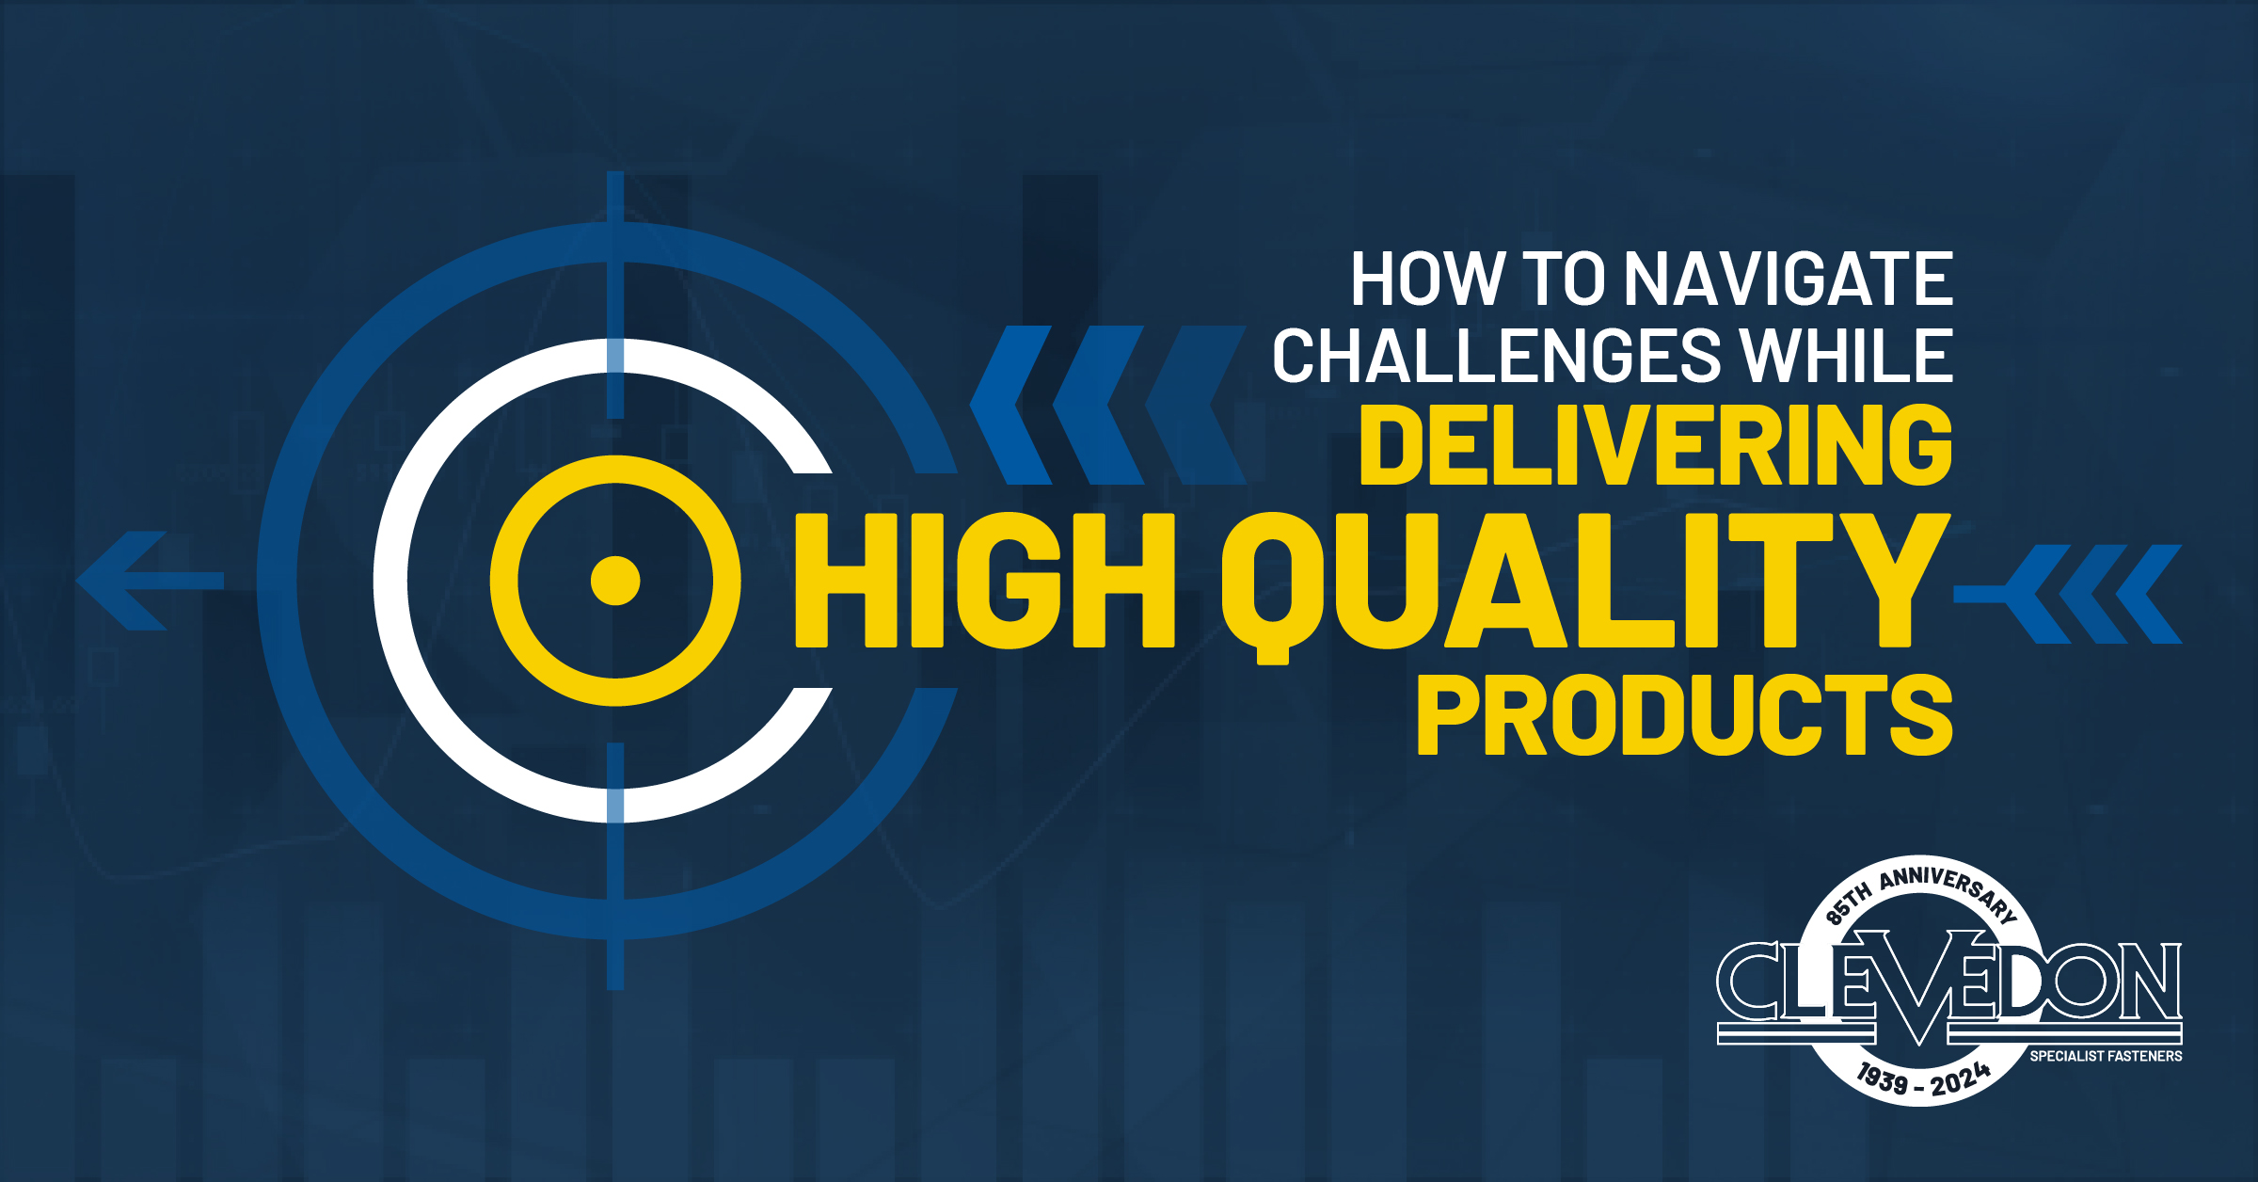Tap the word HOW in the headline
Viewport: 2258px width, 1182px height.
[x=1428, y=279]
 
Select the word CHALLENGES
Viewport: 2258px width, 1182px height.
[x=1497, y=356]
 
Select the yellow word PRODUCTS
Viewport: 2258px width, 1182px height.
[x=1685, y=714]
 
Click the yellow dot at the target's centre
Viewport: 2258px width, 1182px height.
[x=615, y=581]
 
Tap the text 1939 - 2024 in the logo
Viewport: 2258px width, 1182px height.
[x=1924, y=1078]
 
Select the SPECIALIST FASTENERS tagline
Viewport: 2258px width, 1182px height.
[x=2106, y=1056]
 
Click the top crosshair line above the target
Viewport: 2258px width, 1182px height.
[x=615, y=295]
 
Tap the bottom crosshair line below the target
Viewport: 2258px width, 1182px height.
[x=615, y=866]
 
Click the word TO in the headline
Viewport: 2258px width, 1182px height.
[x=1565, y=279]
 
